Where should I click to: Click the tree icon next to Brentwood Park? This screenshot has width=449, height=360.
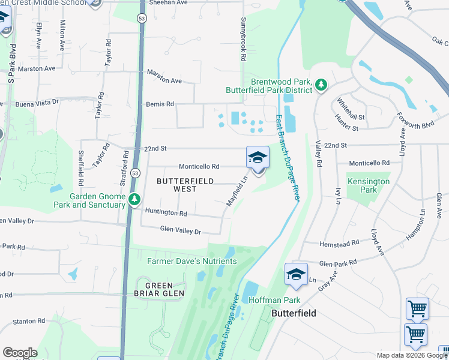click(321, 85)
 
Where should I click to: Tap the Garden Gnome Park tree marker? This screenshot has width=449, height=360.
click(136, 199)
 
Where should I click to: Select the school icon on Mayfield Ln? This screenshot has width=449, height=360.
click(258, 158)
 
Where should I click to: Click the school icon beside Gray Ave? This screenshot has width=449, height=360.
click(296, 274)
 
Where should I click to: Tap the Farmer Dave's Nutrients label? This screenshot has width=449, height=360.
click(192, 261)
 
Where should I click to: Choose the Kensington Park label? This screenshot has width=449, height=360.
click(368, 185)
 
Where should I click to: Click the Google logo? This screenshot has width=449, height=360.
click(20, 353)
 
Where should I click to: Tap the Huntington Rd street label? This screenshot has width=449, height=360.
click(166, 213)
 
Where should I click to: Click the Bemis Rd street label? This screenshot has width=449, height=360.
click(160, 104)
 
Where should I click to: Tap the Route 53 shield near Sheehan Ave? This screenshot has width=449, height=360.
click(142, 19)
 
